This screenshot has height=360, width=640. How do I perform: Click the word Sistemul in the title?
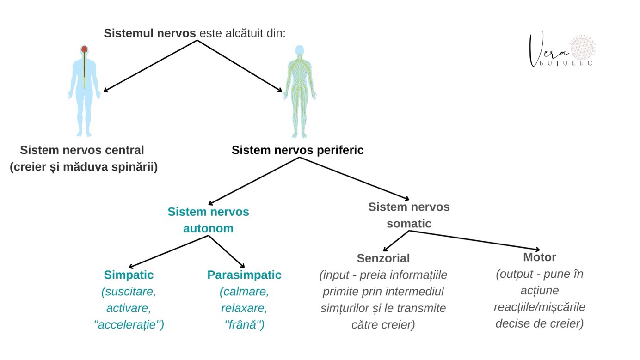pos(125,34)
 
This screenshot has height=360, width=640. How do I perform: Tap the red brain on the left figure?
pos(85,49)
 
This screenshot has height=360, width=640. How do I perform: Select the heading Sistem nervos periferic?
pos(297,150)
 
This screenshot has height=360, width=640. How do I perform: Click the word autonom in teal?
pos(208,228)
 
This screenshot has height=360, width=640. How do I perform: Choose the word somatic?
pos(409,224)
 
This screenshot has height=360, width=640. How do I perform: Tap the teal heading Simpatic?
pos(129,275)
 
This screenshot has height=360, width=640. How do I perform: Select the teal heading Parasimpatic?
pos(244,275)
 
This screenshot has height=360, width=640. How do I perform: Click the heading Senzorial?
pos(383,258)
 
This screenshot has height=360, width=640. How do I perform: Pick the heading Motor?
pos(539,257)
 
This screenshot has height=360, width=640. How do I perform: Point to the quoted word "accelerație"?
pos(129,325)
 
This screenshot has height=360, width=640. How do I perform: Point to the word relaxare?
pos(244,308)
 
